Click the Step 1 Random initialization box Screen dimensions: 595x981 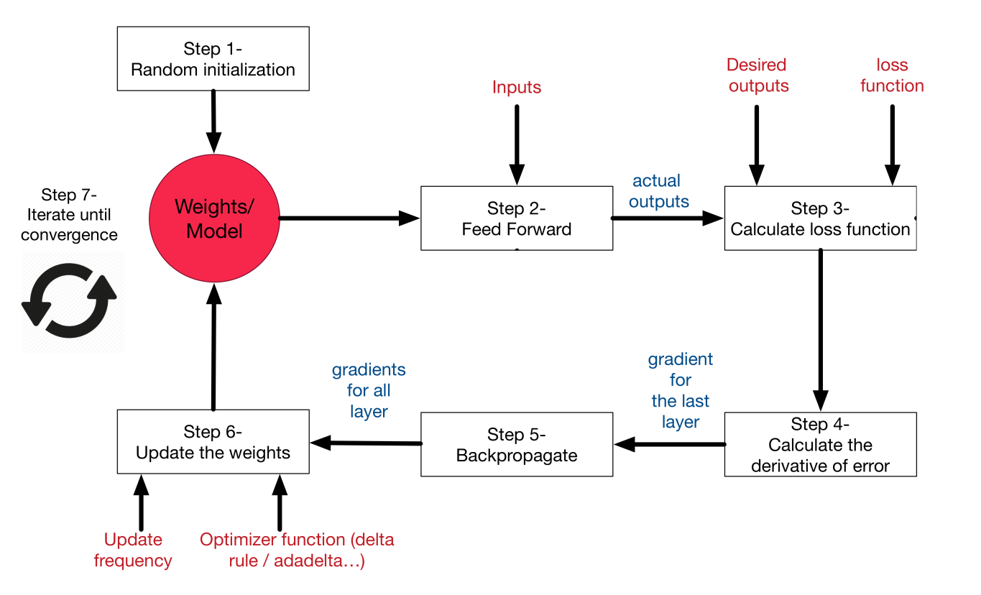(x=213, y=60)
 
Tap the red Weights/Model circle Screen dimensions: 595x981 (x=213, y=218)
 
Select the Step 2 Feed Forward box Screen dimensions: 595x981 (x=516, y=218)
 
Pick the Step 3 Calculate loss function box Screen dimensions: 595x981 (x=820, y=218)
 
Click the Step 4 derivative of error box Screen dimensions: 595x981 (x=820, y=444)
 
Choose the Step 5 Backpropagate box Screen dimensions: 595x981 (x=516, y=444)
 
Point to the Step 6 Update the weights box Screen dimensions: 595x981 (x=213, y=442)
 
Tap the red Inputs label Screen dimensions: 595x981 (x=516, y=88)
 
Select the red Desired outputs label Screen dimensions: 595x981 (x=757, y=75)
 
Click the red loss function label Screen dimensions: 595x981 (x=892, y=75)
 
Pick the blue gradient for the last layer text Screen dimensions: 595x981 (x=680, y=390)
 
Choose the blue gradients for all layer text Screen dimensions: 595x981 (x=369, y=390)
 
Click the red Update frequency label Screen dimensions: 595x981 (x=133, y=550)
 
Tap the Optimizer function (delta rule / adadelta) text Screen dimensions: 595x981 (x=297, y=550)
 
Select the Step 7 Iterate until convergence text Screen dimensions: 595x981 (x=69, y=214)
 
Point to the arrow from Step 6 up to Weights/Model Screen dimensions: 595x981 (x=213, y=345)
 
